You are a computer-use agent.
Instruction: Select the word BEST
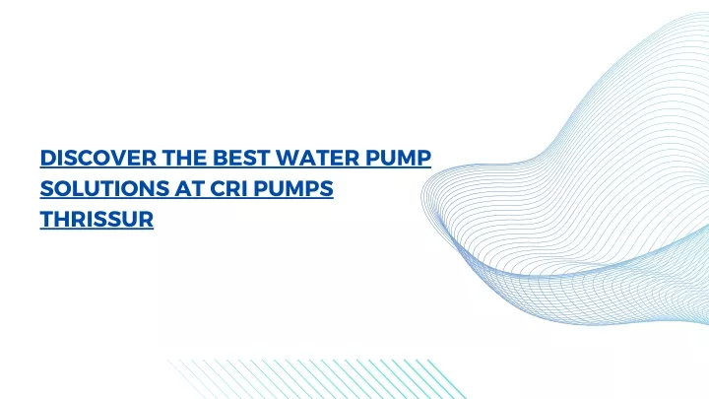[x=241, y=158]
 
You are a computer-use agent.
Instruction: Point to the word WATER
[x=317, y=158]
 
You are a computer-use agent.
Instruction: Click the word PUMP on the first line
[x=399, y=158]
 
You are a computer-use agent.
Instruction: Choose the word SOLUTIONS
[x=104, y=188]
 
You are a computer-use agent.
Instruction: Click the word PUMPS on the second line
[x=293, y=188]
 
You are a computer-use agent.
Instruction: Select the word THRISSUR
[x=97, y=219]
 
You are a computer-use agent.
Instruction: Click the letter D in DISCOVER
[x=48, y=158]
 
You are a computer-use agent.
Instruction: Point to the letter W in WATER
[x=288, y=158]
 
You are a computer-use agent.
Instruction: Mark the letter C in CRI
[x=219, y=188]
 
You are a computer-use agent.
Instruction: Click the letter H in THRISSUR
[x=63, y=219]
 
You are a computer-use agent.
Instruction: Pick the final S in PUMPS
[x=327, y=188]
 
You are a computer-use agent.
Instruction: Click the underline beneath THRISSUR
[x=97, y=229]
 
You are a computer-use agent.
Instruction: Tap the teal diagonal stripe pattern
[x=316, y=379]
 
